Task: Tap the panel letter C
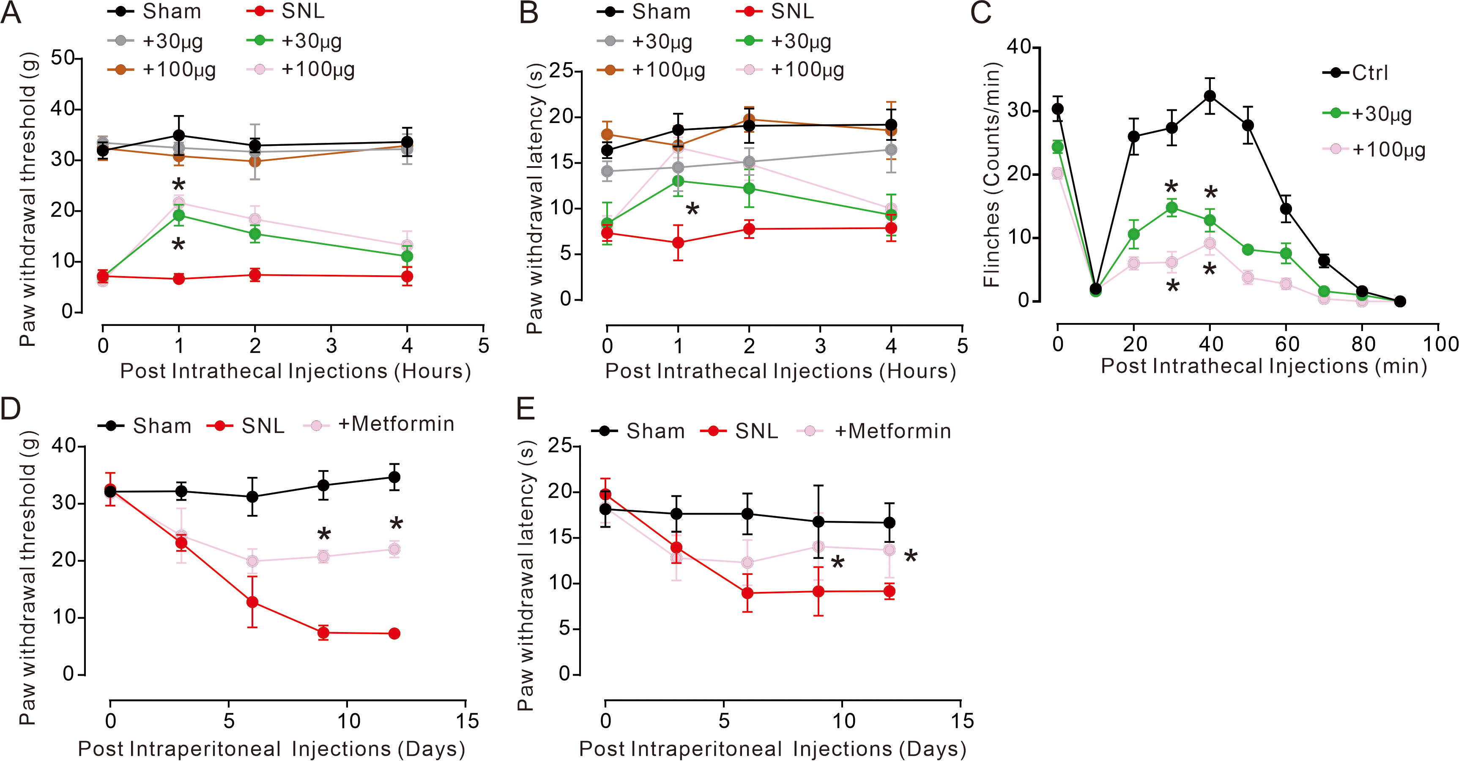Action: click(x=980, y=12)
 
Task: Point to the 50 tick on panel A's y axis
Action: click(x=63, y=58)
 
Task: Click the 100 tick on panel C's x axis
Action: click(x=1439, y=344)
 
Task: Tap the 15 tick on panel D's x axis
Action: click(x=466, y=721)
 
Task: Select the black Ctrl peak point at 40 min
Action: click(x=1210, y=96)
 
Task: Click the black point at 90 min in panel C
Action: click(x=1399, y=301)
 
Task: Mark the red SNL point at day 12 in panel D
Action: click(x=394, y=634)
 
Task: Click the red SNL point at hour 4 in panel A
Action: click(x=407, y=277)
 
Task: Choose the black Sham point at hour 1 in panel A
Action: click(x=179, y=135)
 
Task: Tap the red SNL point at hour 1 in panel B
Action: click(x=678, y=243)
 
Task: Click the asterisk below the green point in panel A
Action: click(x=178, y=245)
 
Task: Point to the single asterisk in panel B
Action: click(x=692, y=210)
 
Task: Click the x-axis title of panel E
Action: click(x=772, y=749)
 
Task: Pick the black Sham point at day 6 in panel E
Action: click(x=747, y=514)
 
